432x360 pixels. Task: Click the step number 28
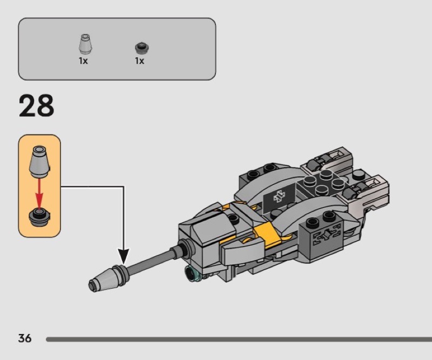[x=36, y=105]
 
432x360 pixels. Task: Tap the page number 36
[x=25, y=338]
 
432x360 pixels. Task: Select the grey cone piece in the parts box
[x=85, y=44]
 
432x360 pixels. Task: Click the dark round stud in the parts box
[x=142, y=48]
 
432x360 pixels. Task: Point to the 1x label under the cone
[x=83, y=61]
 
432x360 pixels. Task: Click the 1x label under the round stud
[x=140, y=61]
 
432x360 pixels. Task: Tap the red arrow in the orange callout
[x=39, y=193]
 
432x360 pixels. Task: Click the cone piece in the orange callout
[x=39, y=162]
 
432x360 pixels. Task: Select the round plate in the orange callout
[x=39, y=217]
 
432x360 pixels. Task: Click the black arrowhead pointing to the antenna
[x=124, y=256]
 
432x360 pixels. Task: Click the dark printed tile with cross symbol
[x=279, y=197]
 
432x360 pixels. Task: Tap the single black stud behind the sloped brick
[x=233, y=218]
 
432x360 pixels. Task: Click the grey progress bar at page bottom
[x=239, y=339]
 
